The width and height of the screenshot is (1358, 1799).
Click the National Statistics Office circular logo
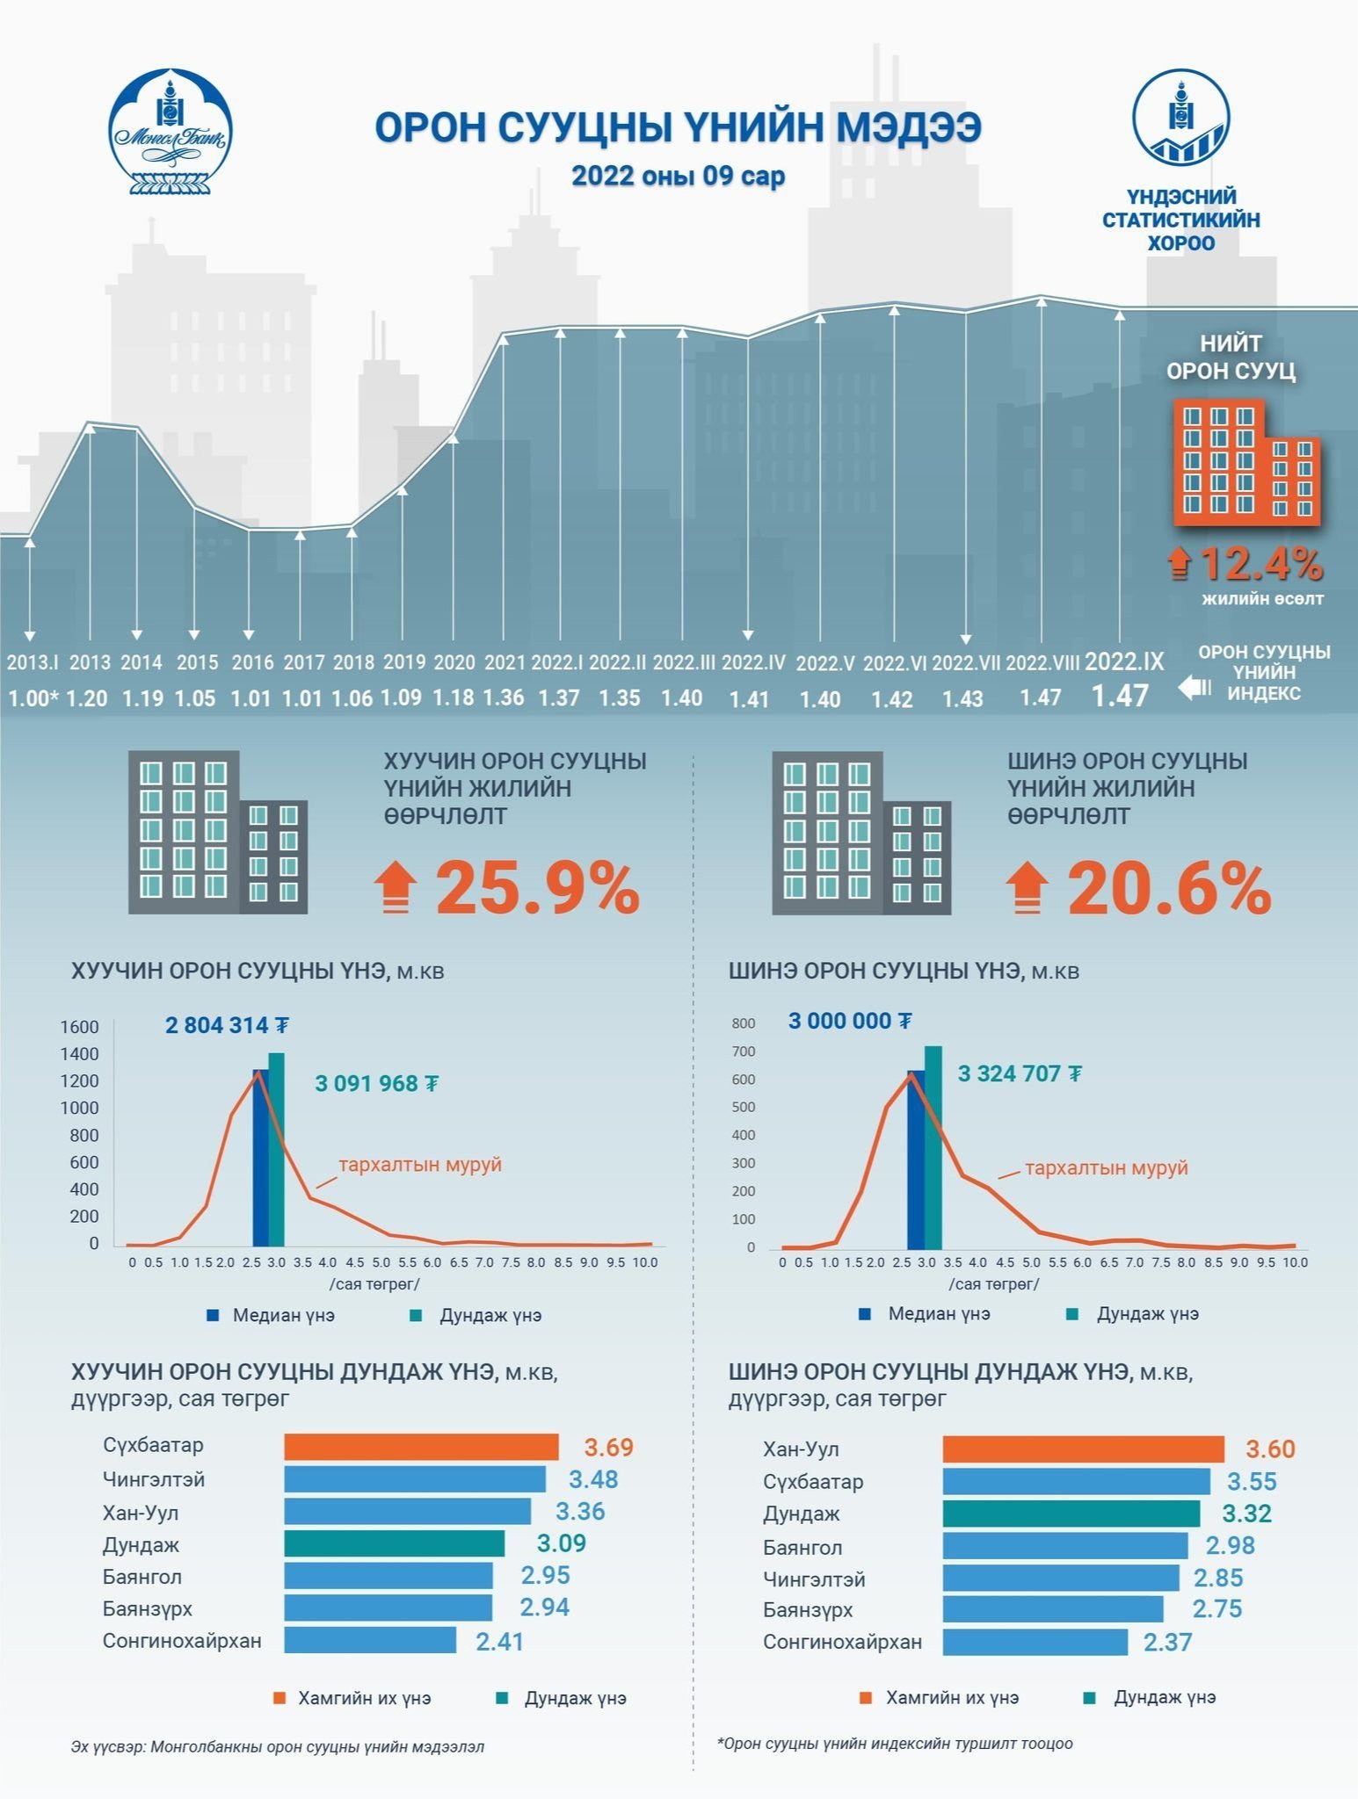click(x=1180, y=117)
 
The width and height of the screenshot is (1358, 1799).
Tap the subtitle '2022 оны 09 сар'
click(x=679, y=176)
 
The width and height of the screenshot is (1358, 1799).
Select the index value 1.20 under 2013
click(x=87, y=698)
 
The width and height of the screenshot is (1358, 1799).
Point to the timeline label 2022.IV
click(x=753, y=662)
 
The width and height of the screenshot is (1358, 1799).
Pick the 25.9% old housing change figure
click(x=537, y=889)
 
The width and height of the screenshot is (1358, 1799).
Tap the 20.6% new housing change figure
click(x=1169, y=889)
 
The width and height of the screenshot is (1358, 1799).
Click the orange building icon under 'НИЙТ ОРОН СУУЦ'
click(x=1247, y=462)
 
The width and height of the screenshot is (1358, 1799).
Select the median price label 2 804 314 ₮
click(x=228, y=1025)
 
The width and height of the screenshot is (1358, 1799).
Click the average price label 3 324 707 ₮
click(x=1020, y=1073)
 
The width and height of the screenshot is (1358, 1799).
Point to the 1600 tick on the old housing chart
click(x=79, y=1027)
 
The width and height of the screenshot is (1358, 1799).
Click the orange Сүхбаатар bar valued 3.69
click(x=421, y=1447)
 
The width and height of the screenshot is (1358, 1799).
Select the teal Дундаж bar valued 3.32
click(x=1071, y=1514)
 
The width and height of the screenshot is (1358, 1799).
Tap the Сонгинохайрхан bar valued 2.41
click(x=370, y=1640)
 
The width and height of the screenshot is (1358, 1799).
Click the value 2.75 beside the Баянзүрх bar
click(x=1217, y=1609)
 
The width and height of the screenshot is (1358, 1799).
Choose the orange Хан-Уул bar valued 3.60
click(x=1084, y=1449)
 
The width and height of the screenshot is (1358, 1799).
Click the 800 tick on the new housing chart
click(x=744, y=1023)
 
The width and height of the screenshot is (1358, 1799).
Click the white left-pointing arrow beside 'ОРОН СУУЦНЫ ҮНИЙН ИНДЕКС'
click(x=1195, y=687)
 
